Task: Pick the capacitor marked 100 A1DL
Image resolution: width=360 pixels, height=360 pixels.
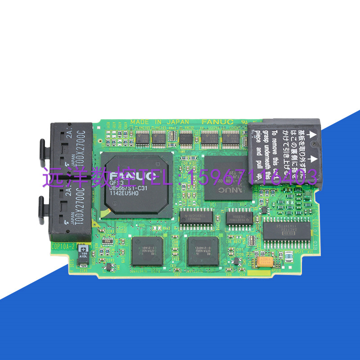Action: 83,251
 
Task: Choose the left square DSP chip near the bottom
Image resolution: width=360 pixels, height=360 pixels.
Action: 144,250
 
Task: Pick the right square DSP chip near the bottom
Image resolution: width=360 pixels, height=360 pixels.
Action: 203,250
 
